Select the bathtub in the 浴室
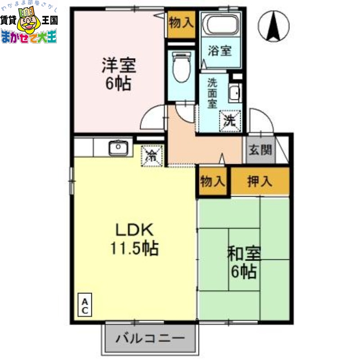220,25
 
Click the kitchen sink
118,148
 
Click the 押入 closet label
260,181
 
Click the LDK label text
135,230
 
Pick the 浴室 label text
220,51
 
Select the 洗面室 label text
212,93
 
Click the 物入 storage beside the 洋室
181,22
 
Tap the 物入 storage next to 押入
212,181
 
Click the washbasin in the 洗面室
234,94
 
